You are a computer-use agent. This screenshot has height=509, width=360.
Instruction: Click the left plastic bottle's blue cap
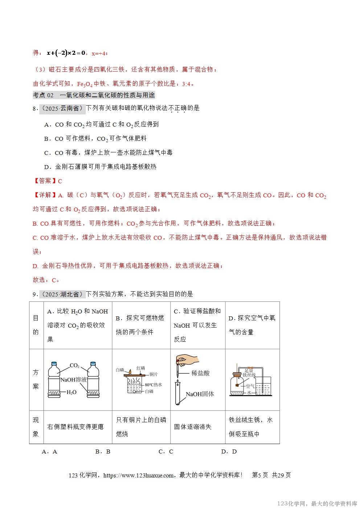click(x=54, y=363)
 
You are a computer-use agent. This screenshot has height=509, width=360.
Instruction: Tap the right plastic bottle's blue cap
click(x=93, y=363)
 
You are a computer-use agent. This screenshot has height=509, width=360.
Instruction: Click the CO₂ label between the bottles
click(x=74, y=365)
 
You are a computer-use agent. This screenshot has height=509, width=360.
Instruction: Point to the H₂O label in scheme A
click(x=71, y=392)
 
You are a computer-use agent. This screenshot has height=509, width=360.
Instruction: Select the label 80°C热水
click(x=154, y=385)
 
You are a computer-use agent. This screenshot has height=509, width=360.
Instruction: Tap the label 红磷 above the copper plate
click(x=140, y=368)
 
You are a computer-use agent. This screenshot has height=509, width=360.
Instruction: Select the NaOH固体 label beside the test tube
click(x=200, y=394)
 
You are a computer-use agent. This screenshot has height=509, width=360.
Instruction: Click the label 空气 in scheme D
click(x=250, y=386)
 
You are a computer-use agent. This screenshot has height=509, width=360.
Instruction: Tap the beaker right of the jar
click(x=264, y=386)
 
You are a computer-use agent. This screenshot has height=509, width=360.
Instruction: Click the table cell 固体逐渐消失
click(x=193, y=427)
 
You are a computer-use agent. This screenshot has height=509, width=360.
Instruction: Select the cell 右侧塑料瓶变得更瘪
click(x=75, y=427)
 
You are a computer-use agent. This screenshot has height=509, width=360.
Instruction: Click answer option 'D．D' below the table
click(x=229, y=452)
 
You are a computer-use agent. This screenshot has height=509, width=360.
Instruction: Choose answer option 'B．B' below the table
click(x=103, y=452)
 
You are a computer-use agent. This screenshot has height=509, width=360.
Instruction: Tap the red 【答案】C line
click(x=48, y=181)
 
